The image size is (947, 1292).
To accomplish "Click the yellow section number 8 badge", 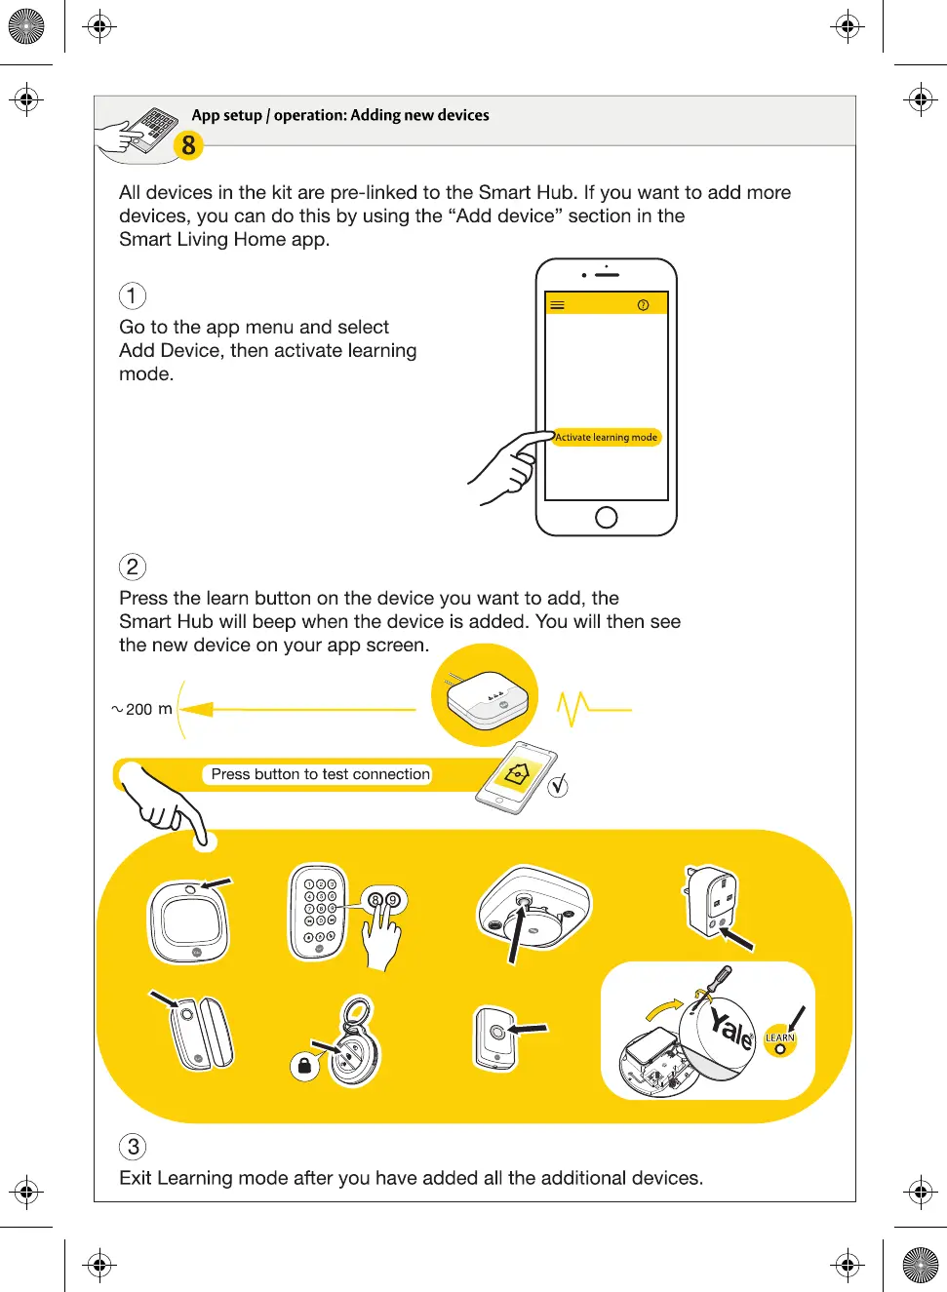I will point(188,146).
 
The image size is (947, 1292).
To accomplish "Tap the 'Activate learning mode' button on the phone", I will point(606,437).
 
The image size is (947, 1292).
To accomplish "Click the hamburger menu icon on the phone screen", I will point(557,305).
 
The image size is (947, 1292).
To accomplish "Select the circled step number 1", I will point(133,295).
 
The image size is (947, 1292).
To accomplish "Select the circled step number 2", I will point(133,567).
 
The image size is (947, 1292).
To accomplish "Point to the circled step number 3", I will point(133,1147).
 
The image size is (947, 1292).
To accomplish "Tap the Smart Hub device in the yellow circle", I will point(487,697).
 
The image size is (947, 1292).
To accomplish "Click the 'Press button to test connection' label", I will point(320,774).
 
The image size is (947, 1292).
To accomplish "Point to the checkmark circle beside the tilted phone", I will point(558,786).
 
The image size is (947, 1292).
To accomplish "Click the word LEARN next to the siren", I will point(780,1038).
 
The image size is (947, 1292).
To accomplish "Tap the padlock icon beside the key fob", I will point(304,1066).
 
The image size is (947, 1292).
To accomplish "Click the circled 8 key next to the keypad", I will point(375,900).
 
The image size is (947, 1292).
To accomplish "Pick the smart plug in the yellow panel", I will point(711,900).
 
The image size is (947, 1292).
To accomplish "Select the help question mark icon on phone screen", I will point(643,305).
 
